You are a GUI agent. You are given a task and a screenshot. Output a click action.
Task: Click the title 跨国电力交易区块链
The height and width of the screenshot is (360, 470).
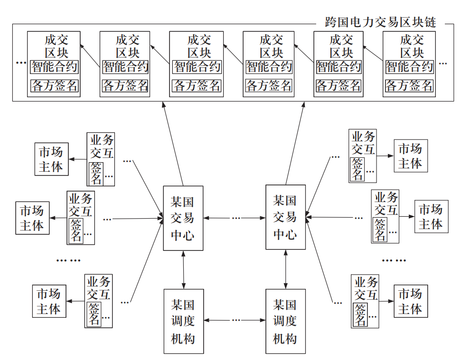point(380,21)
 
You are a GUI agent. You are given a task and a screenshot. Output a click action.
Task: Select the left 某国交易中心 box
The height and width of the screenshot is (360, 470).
point(183,218)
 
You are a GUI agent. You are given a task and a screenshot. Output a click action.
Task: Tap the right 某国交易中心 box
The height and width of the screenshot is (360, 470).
point(285,217)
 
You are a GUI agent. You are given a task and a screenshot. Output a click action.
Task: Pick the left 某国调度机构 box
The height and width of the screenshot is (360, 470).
point(183,321)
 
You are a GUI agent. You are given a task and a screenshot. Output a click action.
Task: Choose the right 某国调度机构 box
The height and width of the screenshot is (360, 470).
point(285,321)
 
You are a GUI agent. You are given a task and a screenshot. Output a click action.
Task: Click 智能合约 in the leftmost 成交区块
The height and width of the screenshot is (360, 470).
point(54,66)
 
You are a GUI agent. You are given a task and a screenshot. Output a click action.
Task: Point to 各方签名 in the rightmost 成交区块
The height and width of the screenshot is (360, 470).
point(409,86)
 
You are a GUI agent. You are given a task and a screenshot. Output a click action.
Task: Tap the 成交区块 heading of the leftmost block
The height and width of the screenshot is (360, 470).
point(56,46)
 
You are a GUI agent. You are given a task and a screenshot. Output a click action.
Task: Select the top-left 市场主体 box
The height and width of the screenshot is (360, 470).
point(51,159)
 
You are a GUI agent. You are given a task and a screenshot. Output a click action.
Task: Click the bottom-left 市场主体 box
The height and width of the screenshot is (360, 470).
point(49,302)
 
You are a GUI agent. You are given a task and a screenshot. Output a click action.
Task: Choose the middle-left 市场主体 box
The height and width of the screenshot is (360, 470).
point(32,218)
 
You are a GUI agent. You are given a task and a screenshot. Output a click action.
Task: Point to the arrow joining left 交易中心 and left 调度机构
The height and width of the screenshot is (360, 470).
point(183,269)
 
